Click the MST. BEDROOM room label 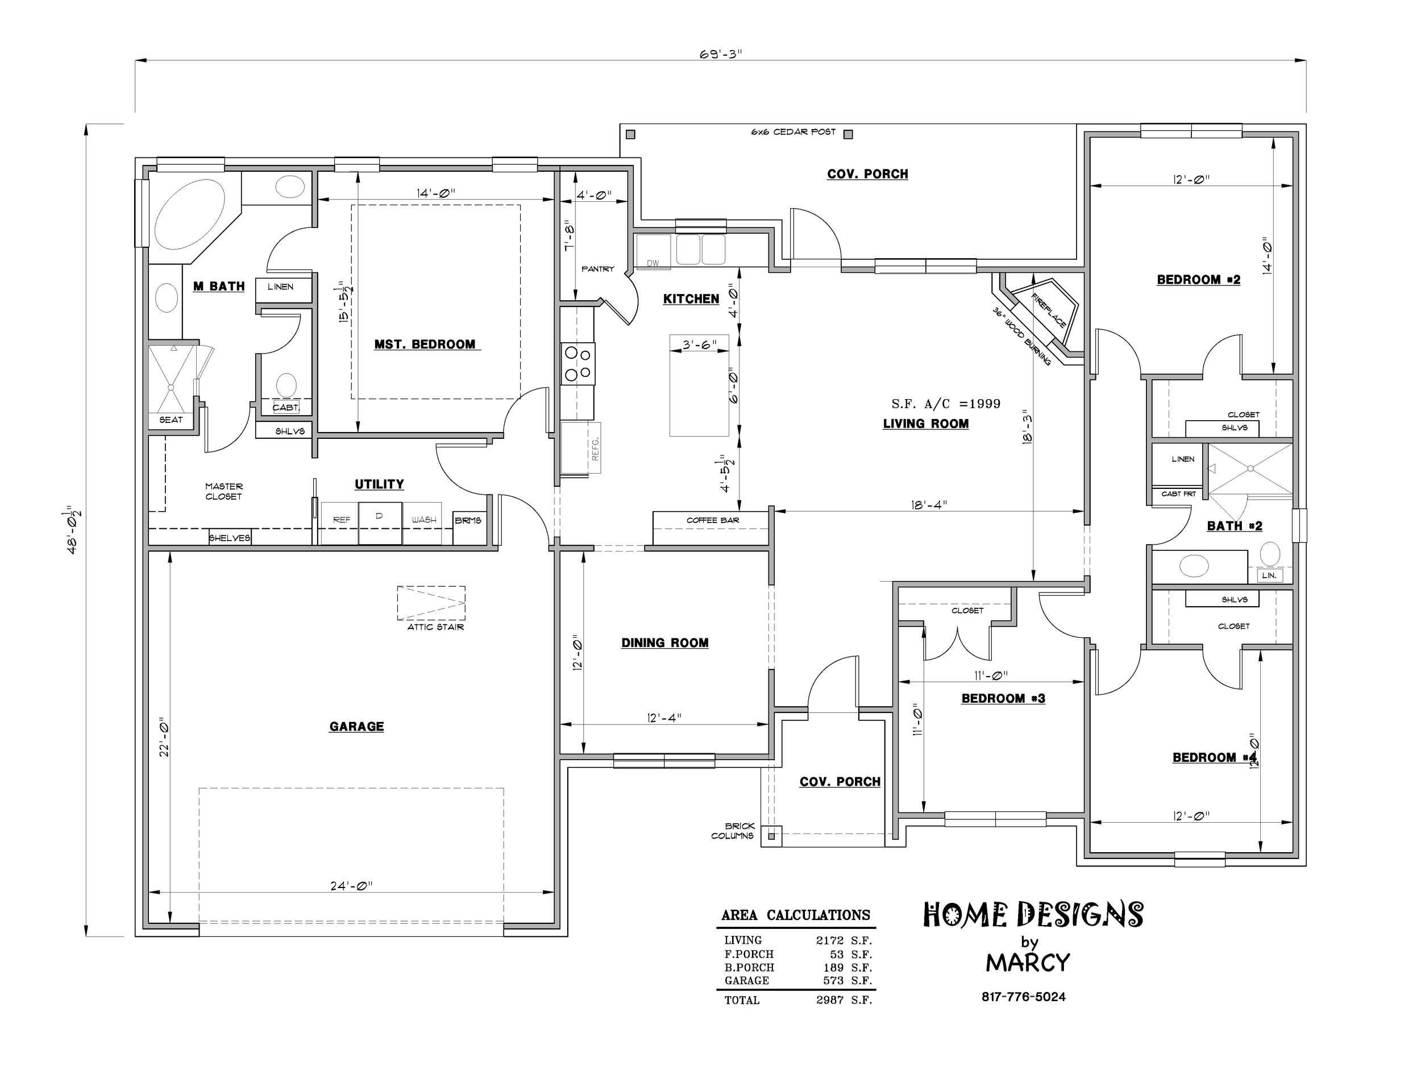[425, 345]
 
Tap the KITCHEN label [691, 299]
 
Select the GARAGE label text [356, 726]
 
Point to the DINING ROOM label [665, 642]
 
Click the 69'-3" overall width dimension [721, 54]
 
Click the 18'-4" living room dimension [929, 505]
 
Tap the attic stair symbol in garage [431, 603]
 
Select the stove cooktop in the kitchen [578, 364]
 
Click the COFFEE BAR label [712, 520]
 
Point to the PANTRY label [598, 268]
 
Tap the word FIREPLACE [1048, 310]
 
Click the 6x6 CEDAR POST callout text [793, 132]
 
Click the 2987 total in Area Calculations [830, 1000]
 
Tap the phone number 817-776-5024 [1023, 997]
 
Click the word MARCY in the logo [1028, 963]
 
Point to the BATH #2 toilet [1269, 553]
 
